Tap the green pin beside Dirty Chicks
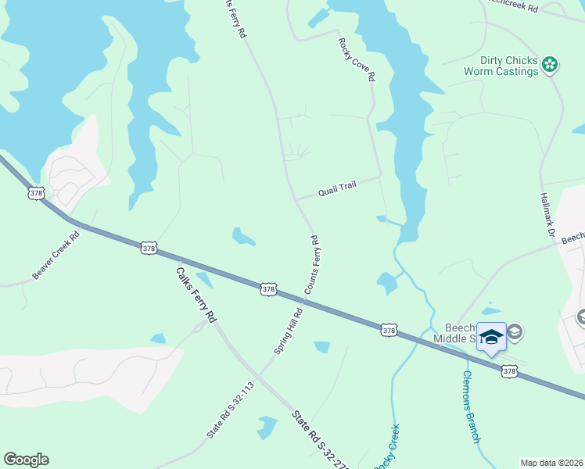click(x=550, y=65)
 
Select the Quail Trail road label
click(x=337, y=188)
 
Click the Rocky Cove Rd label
click(x=357, y=60)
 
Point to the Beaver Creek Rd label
click(x=56, y=256)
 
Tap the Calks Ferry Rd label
click(x=196, y=294)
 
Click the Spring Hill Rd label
click(x=289, y=330)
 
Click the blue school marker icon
click(x=491, y=338)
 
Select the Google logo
click(x=26, y=460)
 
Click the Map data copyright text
click(x=551, y=463)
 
